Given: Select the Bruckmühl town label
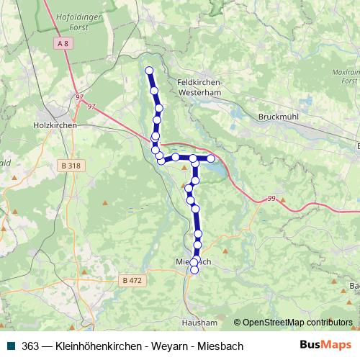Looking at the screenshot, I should tap(278, 117).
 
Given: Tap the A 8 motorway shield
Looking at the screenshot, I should tap(64, 45).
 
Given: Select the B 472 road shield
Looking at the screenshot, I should tap(132, 280).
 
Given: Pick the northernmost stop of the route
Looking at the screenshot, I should tap(150, 71).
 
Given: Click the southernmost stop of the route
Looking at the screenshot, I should tap(194, 270).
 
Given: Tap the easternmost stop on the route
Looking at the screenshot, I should tap(211, 158).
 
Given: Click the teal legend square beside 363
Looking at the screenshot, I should tap(9, 346).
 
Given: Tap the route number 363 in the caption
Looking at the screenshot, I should tap(31, 346).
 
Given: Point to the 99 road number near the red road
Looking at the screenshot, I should tap(271, 198).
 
